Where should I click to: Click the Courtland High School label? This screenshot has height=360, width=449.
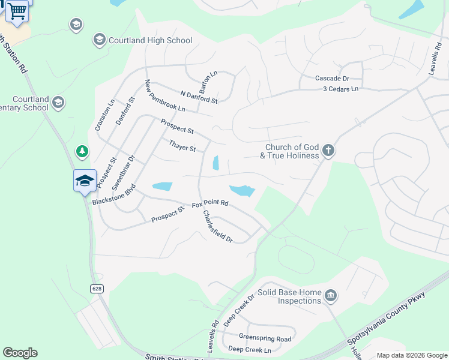tap(150, 41)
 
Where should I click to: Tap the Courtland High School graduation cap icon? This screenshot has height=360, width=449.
tap(99, 40)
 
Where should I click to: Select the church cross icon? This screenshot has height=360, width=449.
tap(328, 150)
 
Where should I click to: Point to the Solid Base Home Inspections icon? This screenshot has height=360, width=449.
tap(330, 296)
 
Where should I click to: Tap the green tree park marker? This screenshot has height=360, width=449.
tap(82, 152)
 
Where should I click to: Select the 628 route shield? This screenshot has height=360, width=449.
tap(97, 289)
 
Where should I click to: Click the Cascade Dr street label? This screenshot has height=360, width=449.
tap(332, 79)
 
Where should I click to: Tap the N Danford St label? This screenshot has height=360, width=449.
tap(199, 97)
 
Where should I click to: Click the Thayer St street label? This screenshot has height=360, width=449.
tap(182, 146)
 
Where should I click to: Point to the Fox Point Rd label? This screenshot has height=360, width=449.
tap(210, 204)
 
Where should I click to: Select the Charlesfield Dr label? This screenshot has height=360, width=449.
tap(217, 226)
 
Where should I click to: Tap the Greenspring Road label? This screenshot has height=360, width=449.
tap(265, 338)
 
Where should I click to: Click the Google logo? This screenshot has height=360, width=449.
tap(20, 353)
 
